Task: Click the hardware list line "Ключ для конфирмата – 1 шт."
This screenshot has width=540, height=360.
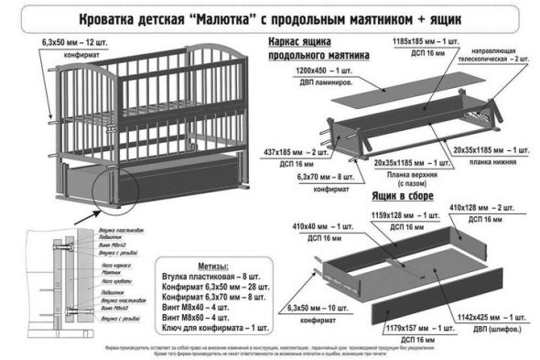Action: click(214, 327)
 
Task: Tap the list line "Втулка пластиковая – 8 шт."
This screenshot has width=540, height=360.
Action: click(213, 277)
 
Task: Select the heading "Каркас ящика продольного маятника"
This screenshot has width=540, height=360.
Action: click(316, 49)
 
